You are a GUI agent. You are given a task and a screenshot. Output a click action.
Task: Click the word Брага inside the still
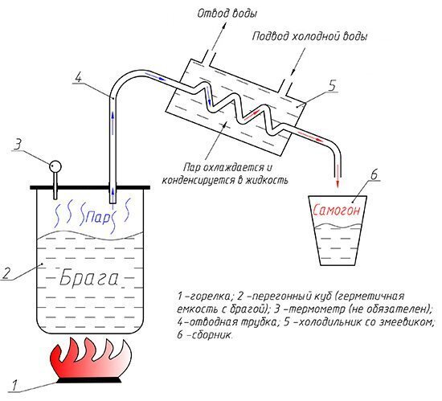88,277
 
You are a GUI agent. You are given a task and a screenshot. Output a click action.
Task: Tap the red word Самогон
336,210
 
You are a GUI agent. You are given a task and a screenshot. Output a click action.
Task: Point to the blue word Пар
97,217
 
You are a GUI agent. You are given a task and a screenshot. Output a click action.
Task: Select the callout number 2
6,272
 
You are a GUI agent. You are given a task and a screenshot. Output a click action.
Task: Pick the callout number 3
18,145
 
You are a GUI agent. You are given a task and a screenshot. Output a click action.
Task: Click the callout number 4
78,77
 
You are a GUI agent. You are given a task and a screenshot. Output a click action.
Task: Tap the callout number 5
333,85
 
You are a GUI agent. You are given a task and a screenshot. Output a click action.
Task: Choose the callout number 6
373,174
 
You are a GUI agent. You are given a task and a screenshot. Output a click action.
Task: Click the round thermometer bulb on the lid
55,166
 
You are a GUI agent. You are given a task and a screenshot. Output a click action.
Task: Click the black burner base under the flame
90,380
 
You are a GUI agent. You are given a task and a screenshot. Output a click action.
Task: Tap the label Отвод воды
227,14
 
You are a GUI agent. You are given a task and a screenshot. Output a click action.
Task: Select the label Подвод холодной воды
309,36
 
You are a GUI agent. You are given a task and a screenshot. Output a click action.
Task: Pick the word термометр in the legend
313,309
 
